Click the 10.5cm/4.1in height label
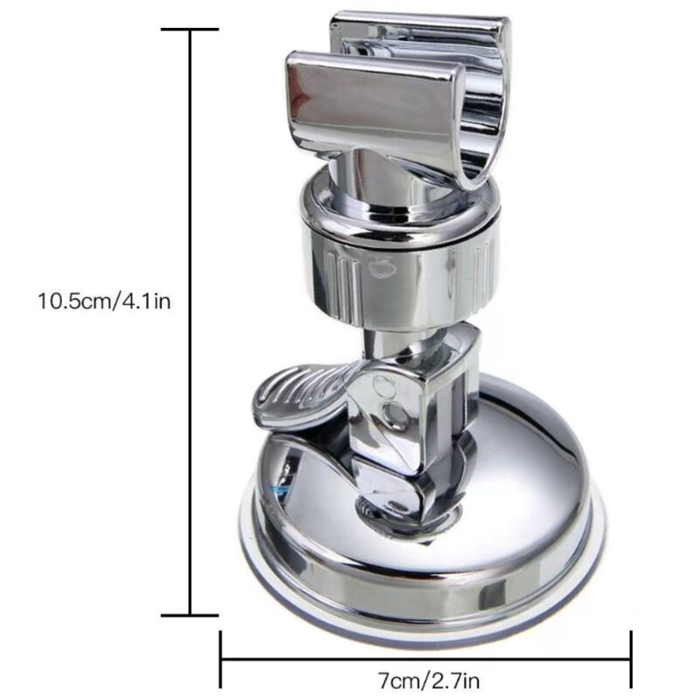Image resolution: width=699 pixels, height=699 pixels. tap(104, 301)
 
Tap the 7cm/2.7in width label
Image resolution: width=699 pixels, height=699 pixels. tap(428, 681)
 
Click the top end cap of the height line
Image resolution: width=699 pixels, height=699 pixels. tap(190, 30)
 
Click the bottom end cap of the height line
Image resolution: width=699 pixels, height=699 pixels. tap(190, 616)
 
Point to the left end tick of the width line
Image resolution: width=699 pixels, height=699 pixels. tap(221, 660)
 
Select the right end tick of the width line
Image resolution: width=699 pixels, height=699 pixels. tap(631, 660)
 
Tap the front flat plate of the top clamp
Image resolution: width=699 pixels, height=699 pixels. tap(370, 107)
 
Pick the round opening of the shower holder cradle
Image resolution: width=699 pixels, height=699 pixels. tap(481, 116)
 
